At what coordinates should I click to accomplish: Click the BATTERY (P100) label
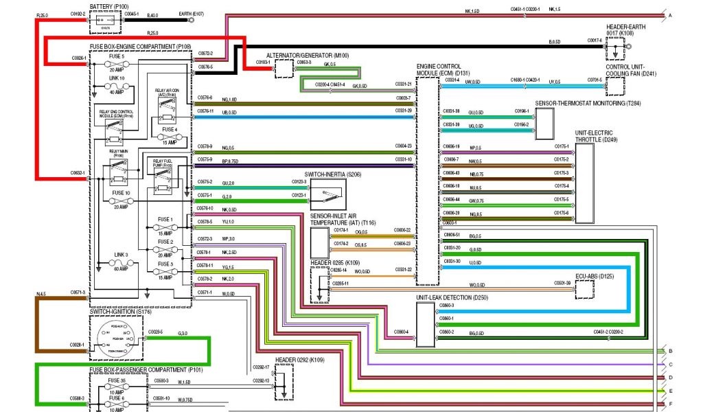(x=108, y=5)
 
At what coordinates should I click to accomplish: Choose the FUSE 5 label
(x=116, y=56)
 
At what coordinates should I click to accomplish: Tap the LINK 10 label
(x=116, y=78)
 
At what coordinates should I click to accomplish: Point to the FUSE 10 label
(x=121, y=193)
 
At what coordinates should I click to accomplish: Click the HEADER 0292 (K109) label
(x=300, y=359)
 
